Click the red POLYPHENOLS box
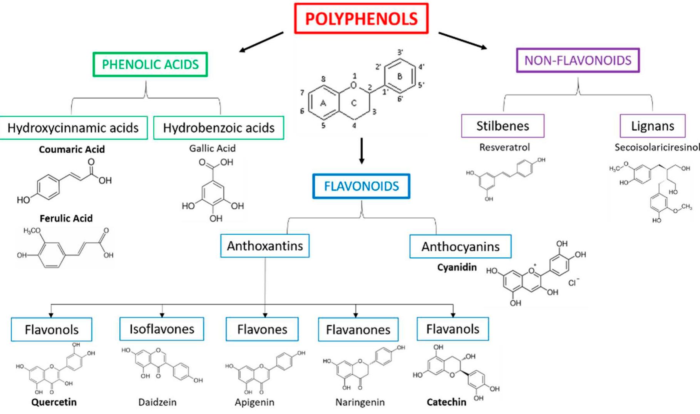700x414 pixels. tap(361, 19)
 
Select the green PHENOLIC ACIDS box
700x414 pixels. tap(150, 64)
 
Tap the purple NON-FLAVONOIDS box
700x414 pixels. tap(578, 60)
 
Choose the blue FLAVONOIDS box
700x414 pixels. tap(361, 186)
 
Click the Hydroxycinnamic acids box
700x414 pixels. tap(73, 128)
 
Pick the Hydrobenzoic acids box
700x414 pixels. tap(219, 128)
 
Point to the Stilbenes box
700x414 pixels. tap(502, 126)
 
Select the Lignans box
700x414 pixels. tap(652, 126)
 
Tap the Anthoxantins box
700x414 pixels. tap(265, 246)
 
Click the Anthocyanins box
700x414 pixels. tap(461, 246)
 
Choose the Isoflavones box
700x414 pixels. tap(162, 329)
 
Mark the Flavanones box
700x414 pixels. tap(358, 330)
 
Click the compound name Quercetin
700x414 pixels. tap(54, 402)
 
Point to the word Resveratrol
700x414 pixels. tap(504, 147)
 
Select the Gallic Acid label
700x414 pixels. tap(212, 148)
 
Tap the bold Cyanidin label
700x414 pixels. tap(457, 267)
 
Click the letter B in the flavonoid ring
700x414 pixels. tap(400, 76)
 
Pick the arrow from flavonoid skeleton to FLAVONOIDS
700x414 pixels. tap(361, 151)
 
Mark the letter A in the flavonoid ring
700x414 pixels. tap(323, 103)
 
